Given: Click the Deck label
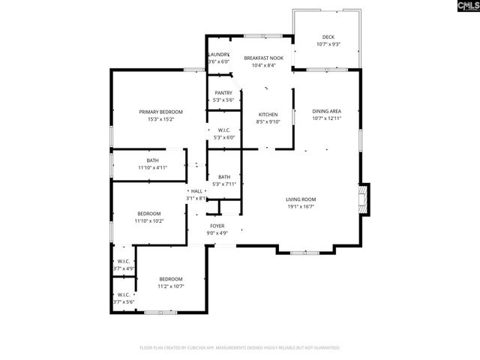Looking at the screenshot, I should point(328,37).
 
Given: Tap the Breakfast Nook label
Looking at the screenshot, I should point(262,58).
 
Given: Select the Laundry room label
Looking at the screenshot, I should point(218,55).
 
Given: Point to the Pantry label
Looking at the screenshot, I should point(223,93).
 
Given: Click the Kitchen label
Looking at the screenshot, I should point(268,114).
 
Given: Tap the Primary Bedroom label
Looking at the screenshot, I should point(160,112).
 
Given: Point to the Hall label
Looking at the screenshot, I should point(197,191).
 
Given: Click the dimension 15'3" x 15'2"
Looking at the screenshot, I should point(160,118).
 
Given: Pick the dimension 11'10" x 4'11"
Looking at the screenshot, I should point(152,168).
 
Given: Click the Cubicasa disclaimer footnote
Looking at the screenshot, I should point(240,347).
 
